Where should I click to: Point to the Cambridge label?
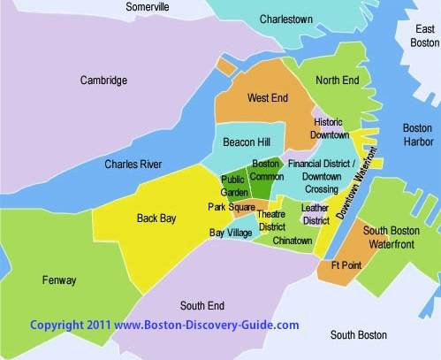click(x=103, y=80)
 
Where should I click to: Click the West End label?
click(x=266, y=97)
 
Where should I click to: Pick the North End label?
click(x=337, y=80)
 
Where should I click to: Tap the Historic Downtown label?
click(x=330, y=127)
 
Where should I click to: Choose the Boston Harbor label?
click(x=417, y=134)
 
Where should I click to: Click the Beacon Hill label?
click(x=247, y=142)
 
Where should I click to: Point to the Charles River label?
click(x=133, y=164)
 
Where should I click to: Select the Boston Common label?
click(x=266, y=170)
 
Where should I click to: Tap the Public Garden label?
click(x=233, y=187)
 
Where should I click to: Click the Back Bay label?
click(x=156, y=217)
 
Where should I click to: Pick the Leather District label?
click(x=316, y=213)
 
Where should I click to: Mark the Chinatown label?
click(x=292, y=240)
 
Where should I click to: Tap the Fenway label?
click(x=59, y=280)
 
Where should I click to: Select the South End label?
click(x=201, y=306)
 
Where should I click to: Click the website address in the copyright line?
click(x=207, y=326)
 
